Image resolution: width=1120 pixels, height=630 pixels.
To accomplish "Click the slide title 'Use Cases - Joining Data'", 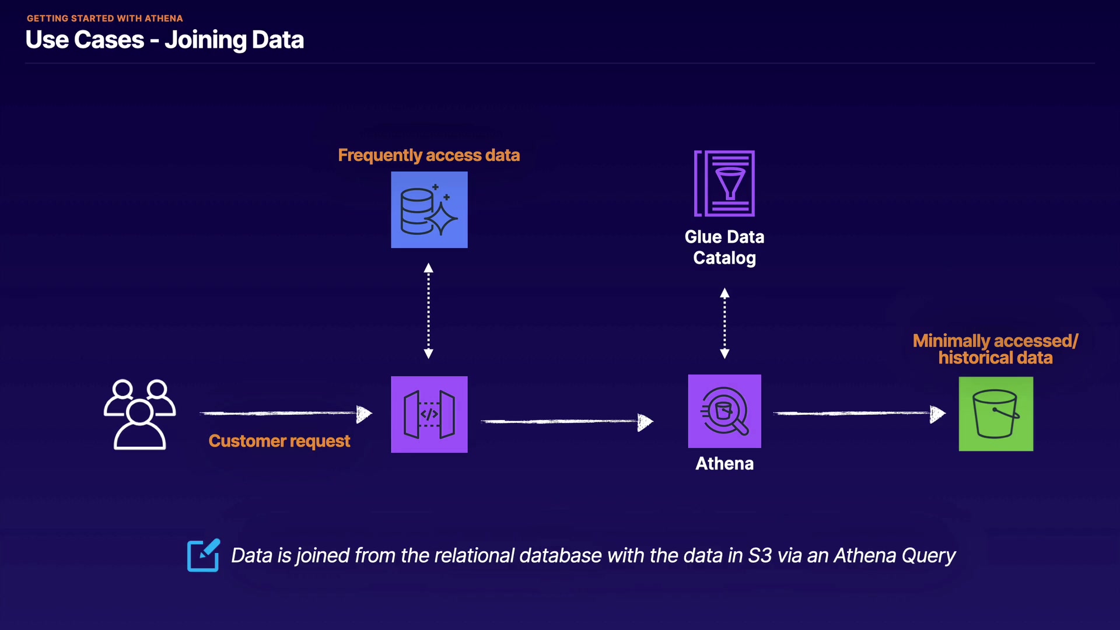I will click(x=164, y=40).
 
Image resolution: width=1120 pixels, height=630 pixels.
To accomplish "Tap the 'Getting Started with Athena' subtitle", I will click(x=105, y=18).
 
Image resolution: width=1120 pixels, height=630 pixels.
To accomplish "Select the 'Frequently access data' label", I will click(x=429, y=155).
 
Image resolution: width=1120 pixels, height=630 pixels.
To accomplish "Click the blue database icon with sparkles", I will click(x=429, y=210).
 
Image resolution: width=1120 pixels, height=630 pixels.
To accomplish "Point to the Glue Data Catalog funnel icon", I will click(x=724, y=184).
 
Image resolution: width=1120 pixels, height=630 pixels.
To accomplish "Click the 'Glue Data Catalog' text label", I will click(x=724, y=247).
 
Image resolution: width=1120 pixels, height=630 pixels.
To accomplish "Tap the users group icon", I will click(x=139, y=414).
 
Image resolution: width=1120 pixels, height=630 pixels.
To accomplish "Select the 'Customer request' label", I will click(x=279, y=441).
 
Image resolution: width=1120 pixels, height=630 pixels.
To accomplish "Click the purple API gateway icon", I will click(x=429, y=414).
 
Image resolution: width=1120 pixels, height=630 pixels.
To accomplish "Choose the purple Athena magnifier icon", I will click(x=724, y=411).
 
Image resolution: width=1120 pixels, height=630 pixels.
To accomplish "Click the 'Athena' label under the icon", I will click(x=724, y=464).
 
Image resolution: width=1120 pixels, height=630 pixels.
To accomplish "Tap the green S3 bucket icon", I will click(x=996, y=414).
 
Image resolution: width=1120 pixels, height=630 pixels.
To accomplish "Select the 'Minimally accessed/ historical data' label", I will click(x=995, y=349).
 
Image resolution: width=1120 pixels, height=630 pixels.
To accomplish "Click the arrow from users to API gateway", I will click(x=286, y=414).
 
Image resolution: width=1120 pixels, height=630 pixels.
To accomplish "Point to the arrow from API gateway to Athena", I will click(x=566, y=421).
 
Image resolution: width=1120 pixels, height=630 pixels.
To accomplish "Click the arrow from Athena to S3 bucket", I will click(x=859, y=414).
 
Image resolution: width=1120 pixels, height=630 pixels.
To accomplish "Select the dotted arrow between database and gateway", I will click(x=429, y=311).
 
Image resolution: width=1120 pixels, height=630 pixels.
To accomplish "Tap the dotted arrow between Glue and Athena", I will click(x=724, y=323).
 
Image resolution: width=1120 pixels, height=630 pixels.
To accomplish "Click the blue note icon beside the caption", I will click(x=204, y=555).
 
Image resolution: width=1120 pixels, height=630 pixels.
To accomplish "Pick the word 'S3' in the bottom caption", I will click(x=760, y=555).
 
